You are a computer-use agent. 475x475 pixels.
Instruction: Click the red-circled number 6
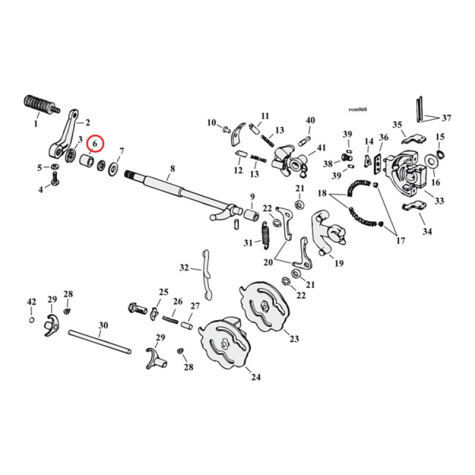point(94,144)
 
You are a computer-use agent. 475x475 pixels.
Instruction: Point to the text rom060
point(358,109)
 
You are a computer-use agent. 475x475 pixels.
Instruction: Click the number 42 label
point(31,302)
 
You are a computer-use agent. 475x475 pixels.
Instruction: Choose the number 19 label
point(339,263)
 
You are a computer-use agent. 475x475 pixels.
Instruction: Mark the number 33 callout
point(439,201)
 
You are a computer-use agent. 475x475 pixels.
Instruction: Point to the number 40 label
point(309,121)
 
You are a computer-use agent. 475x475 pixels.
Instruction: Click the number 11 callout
point(265,116)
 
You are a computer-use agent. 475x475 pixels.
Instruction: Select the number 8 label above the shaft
point(172,169)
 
